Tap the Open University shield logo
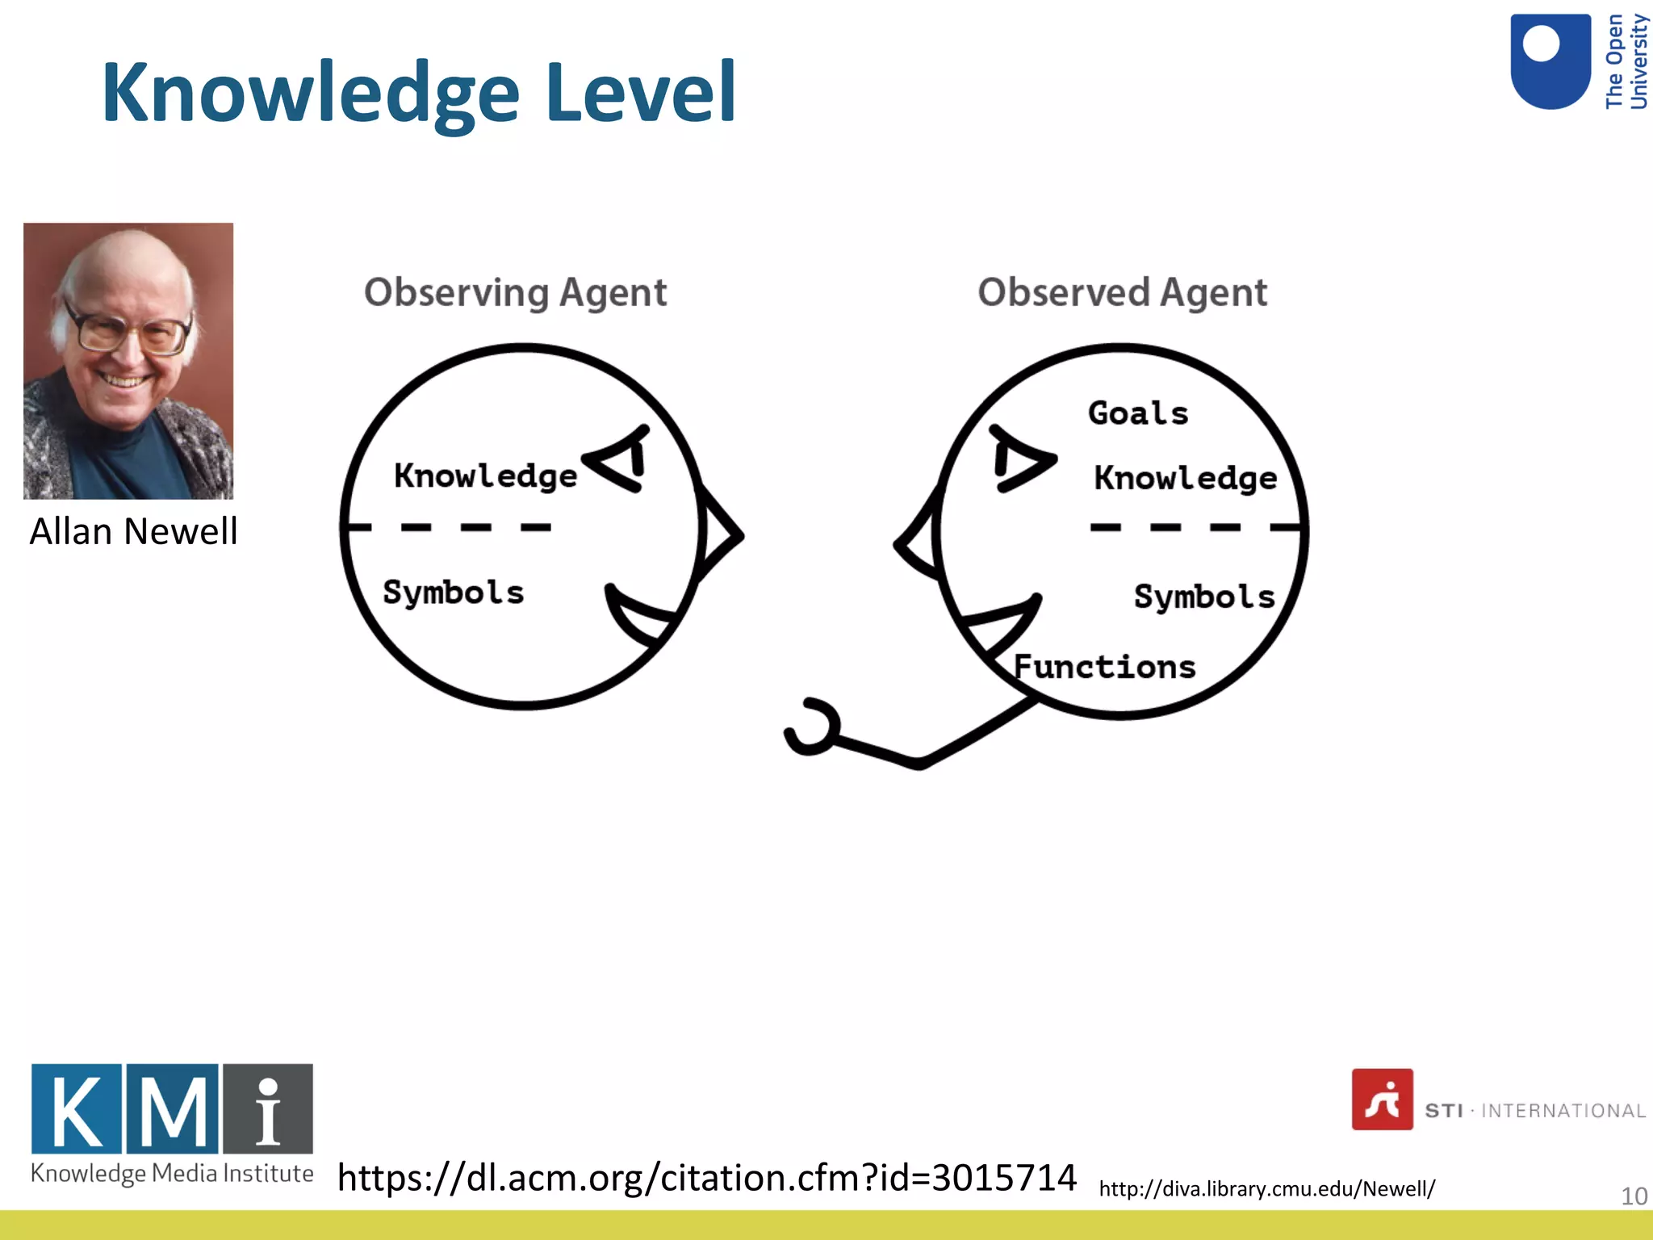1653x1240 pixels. click(1550, 61)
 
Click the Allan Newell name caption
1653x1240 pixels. click(133, 532)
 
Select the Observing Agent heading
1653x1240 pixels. click(515, 292)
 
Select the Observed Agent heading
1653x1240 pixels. click(1122, 292)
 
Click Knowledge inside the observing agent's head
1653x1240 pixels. click(485, 475)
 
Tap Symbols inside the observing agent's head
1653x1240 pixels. click(453, 593)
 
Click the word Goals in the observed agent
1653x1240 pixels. click(1138, 413)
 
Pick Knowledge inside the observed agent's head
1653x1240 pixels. click(1185, 478)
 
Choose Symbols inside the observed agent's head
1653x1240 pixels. click(1203, 597)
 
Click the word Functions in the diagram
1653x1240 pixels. click(1104, 668)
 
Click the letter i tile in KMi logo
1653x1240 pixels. click(268, 1108)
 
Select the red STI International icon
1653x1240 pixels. click(1382, 1100)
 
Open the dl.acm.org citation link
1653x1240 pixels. click(706, 1178)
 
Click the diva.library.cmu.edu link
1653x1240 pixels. click(1266, 1189)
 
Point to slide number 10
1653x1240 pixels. click(1634, 1196)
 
